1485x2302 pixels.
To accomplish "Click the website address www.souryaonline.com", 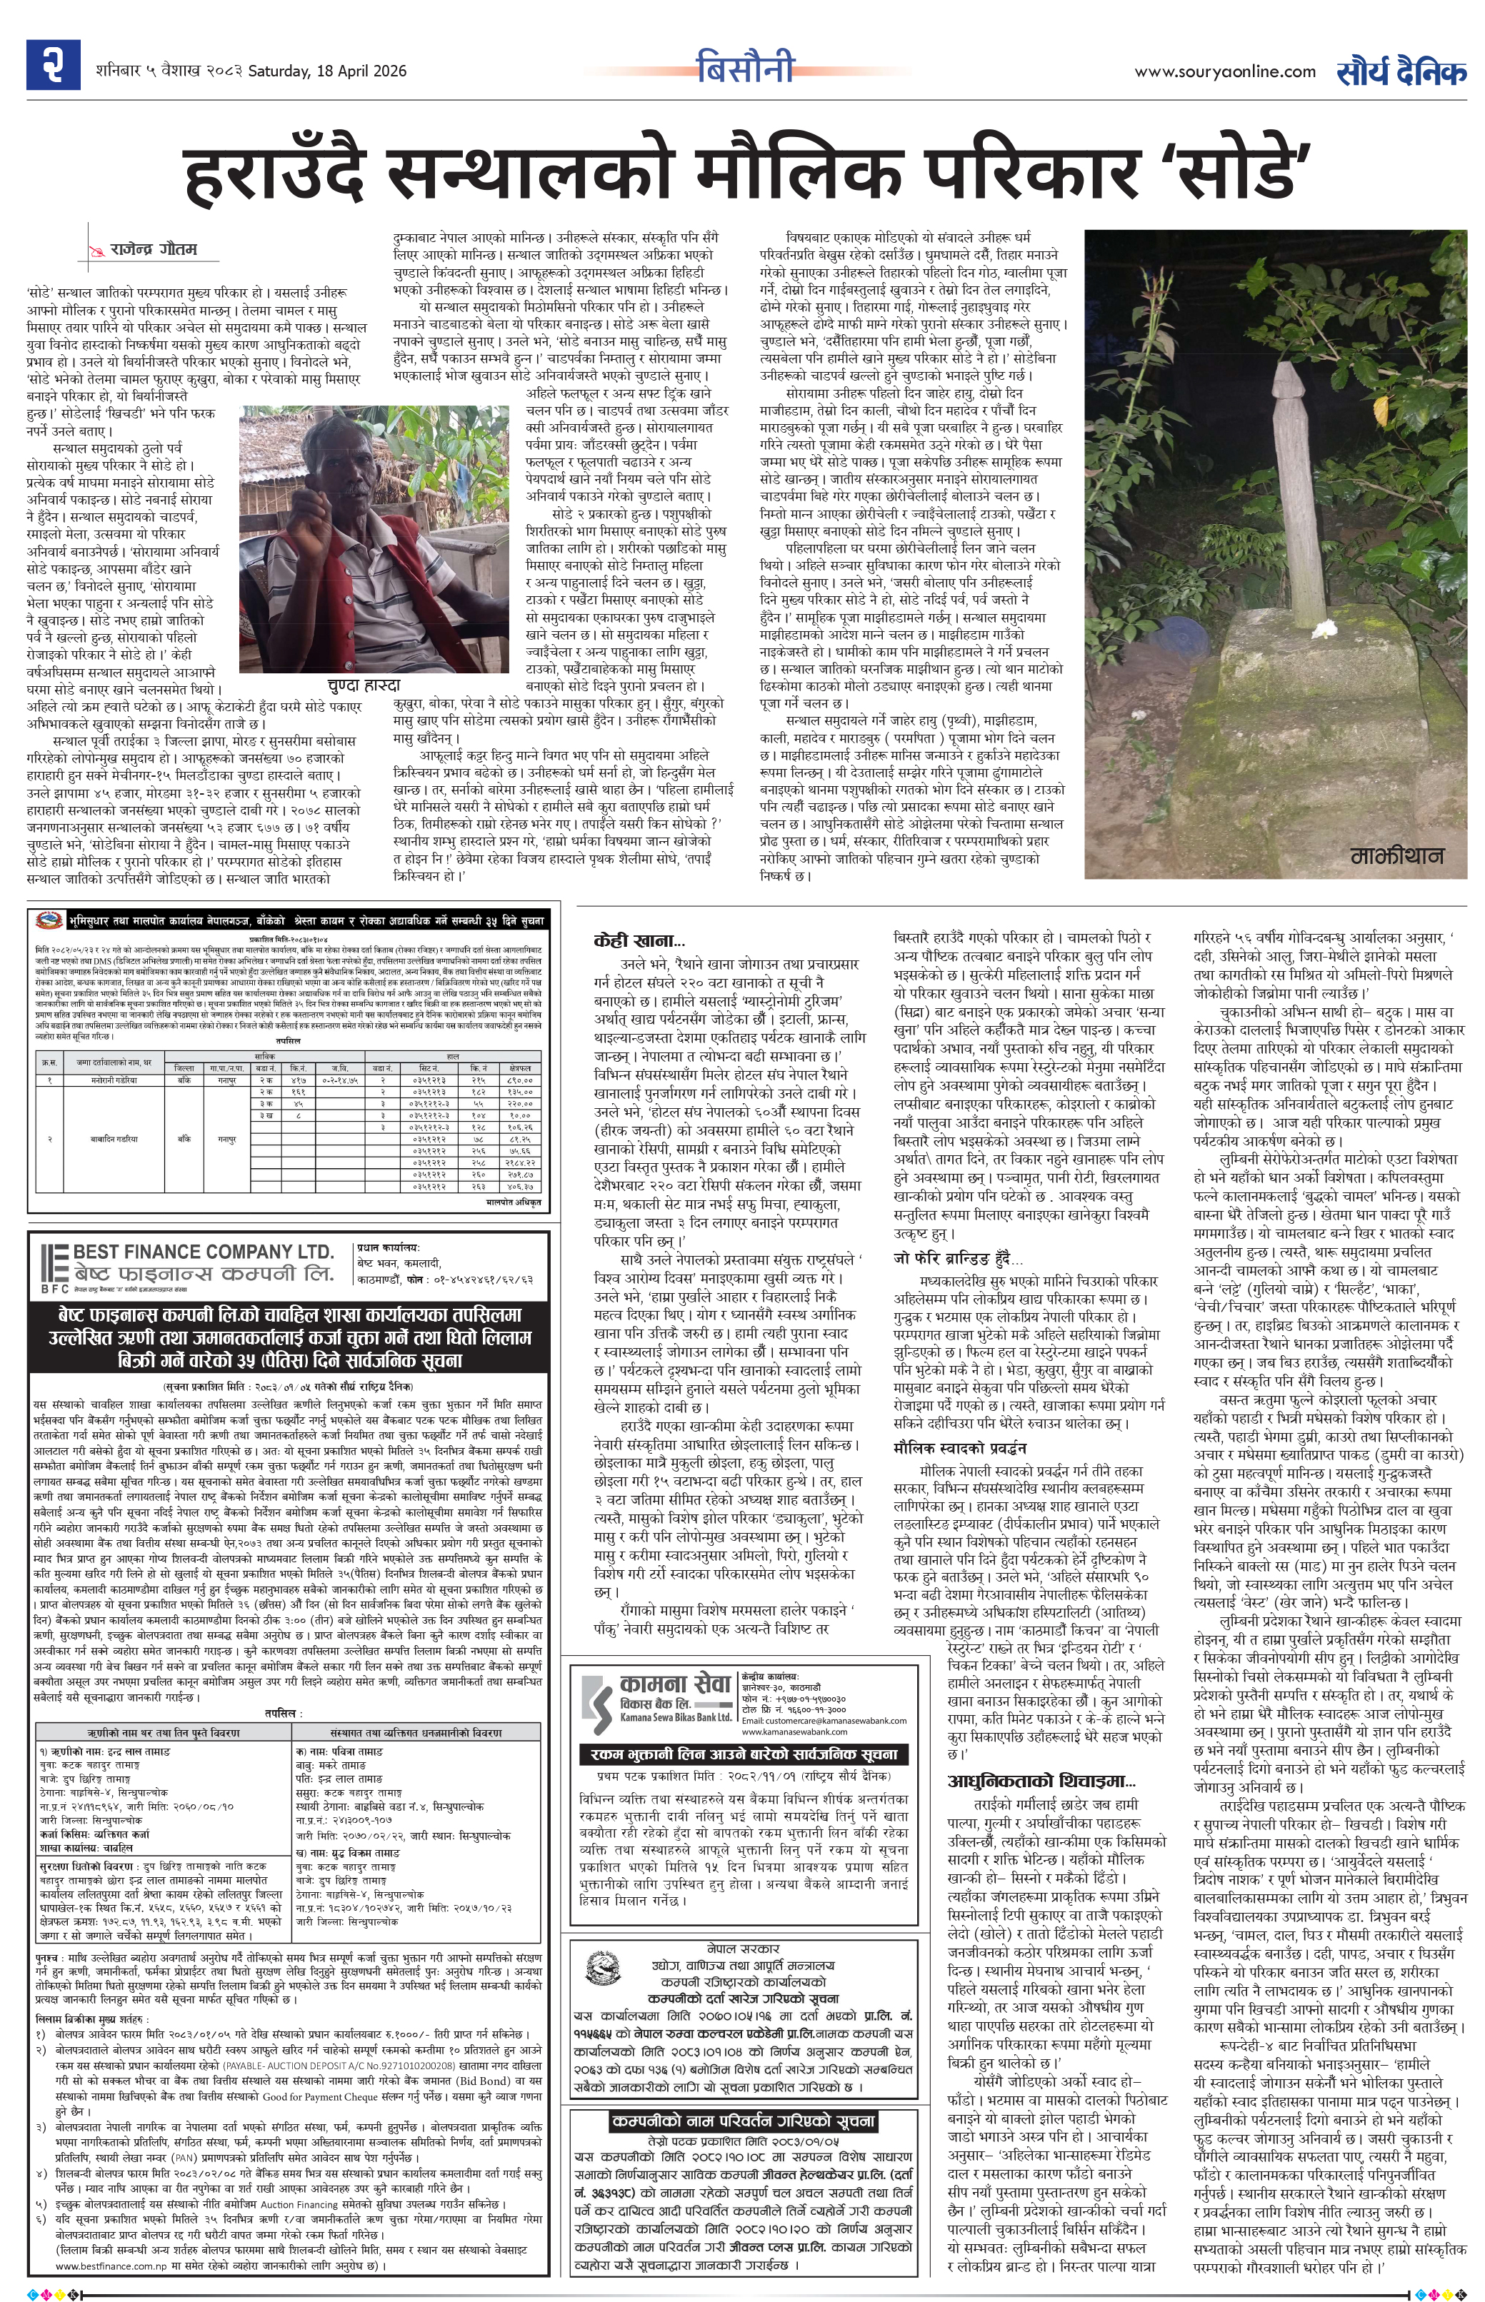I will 1224,71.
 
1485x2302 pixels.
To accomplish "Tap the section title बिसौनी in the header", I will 746,68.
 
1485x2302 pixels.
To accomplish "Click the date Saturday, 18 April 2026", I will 328,71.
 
